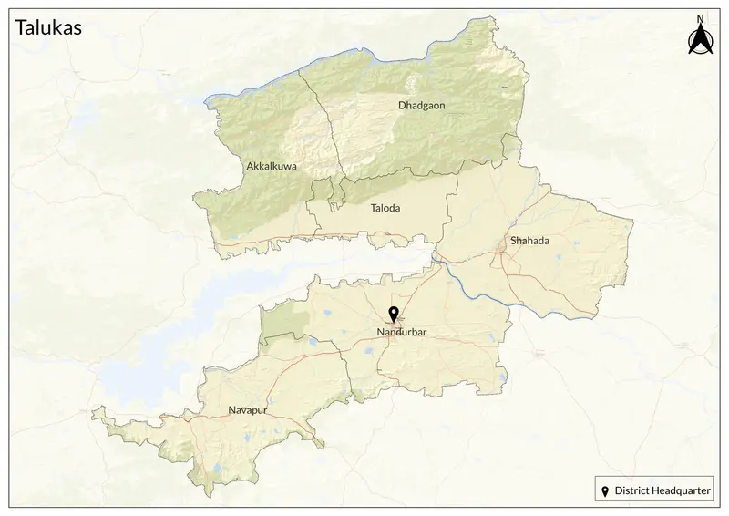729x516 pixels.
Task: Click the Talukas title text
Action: pyautogui.click(x=49, y=27)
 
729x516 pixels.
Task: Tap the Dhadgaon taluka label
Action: pyautogui.click(x=421, y=106)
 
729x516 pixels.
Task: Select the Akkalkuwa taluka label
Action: pyautogui.click(x=272, y=167)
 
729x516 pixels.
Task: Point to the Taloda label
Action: pyautogui.click(x=385, y=208)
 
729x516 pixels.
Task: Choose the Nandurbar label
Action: pyautogui.click(x=402, y=332)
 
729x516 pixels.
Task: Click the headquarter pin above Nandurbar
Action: pyautogui.click(x=394, y=315)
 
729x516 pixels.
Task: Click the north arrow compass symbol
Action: pyautogui.click(x=700, y=40)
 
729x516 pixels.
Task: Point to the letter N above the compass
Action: pyautogui.click(x=700, y=19)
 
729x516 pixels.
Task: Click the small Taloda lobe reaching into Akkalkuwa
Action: pyautogui.click(x=322, y=191)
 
